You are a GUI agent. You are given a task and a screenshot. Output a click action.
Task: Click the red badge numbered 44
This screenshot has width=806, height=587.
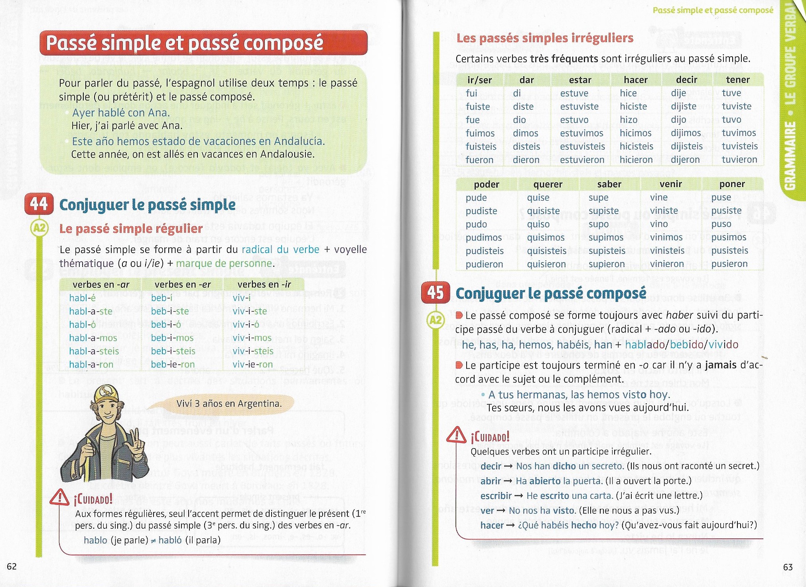click(x=39, y=204)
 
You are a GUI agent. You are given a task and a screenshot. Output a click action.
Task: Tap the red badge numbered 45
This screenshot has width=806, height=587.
click(x=436, y=293)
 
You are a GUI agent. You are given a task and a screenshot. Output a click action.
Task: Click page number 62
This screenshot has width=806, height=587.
click(x=12, y=567)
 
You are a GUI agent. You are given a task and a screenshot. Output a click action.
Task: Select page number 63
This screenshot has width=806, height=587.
click(x=788, y=567)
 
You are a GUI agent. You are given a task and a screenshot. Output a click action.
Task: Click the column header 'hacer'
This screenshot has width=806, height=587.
click(x=636, y=80)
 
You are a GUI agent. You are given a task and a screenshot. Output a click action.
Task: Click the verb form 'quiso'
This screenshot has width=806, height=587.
click(x=538, y=224)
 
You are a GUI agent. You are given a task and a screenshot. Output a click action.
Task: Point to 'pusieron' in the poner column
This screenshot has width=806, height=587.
click(x=729, y=264)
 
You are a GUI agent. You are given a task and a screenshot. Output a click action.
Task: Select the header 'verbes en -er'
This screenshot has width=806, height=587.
click(x=183, y=285)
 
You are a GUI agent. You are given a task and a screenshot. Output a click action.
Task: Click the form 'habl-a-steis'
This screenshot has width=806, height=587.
click(x=94, y=351)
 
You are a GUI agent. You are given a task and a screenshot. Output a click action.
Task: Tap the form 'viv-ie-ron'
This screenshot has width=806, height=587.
click(x=253, y=364)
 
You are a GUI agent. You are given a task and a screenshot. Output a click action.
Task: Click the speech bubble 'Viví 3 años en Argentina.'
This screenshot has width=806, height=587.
click(x=229, y=404)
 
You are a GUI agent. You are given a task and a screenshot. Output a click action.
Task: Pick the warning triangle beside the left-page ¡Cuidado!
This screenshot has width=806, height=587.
click(x=60, y=497)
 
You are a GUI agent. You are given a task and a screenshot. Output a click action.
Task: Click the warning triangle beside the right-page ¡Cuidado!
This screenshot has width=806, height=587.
click(x=456, y=435)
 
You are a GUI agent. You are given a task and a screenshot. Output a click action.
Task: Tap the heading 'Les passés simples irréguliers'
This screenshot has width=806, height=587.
click(x=544, y=38)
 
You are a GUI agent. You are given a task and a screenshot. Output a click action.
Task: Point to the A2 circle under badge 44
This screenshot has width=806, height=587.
click(x=39, y=228)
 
